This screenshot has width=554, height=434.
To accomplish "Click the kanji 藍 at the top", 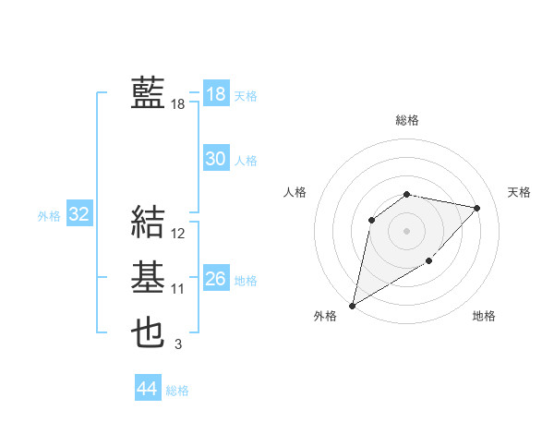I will (x=148, y=93).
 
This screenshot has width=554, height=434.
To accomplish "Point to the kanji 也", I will (x=148, y=332).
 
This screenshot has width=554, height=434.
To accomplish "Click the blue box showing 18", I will (x=215, y=94).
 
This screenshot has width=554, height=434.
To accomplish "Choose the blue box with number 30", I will (x=215, y=159).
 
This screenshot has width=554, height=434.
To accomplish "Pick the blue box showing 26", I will (x=215, y=279).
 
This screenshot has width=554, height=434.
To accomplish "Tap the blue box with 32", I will (x=79, y=215).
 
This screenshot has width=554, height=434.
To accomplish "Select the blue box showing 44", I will (x=147, y=389).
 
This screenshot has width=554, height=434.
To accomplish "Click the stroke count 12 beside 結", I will (x=178, y=235).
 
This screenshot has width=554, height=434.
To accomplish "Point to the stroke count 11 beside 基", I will (x=178, y=289).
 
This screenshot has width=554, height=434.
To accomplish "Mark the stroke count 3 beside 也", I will (x=178, y=344).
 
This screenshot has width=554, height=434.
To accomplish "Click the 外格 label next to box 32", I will (x=49, y=216).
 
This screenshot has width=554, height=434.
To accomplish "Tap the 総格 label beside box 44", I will (x=177, y=391).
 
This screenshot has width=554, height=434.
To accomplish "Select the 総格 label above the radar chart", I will (x=407, y=121).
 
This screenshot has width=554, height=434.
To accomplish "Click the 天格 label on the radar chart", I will (x=519, y=192).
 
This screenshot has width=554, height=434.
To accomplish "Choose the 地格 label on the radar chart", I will (x=484, y=316).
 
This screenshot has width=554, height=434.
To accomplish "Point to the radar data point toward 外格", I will (x=353, y=305).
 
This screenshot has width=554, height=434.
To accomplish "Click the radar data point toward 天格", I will (x=477, y=208).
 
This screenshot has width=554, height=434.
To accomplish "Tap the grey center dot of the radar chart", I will (x=406, y=230).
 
